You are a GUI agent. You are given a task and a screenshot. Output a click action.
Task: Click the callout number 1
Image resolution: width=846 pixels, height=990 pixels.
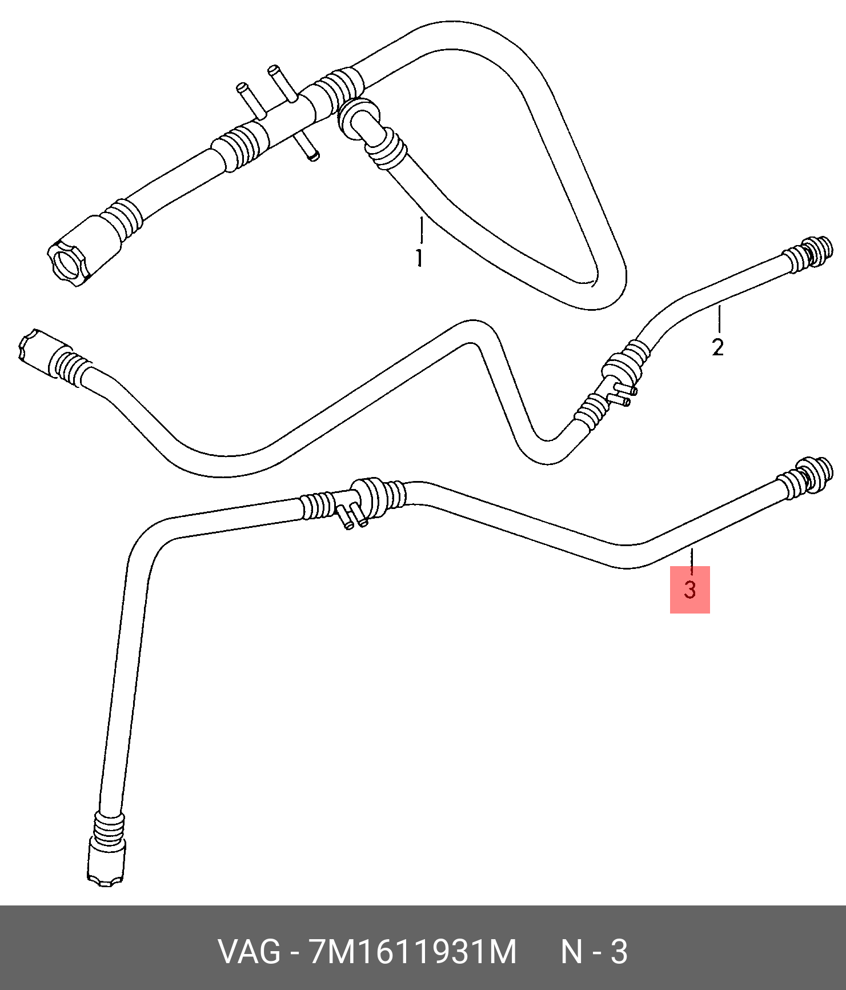click(x=419, y=258)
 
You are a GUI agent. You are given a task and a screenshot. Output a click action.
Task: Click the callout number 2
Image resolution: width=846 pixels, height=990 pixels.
click(x=718, y=347)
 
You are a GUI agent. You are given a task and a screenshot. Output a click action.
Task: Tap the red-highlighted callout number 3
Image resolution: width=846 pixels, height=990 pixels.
click(x=690, y=590)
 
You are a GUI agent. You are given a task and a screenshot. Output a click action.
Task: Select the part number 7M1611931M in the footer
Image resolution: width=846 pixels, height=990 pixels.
click(x=412, y=952)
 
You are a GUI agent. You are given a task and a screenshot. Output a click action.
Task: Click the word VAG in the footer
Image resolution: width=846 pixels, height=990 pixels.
click(x=250, y=952)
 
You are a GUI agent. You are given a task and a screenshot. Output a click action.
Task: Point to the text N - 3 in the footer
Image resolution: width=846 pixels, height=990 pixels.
click(x=594, y=952)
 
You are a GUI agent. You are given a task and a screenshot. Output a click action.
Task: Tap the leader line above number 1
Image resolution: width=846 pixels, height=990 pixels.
click(x=422, y=231)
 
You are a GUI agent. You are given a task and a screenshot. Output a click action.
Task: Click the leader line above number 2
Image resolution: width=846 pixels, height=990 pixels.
click(x=720, y=319)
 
